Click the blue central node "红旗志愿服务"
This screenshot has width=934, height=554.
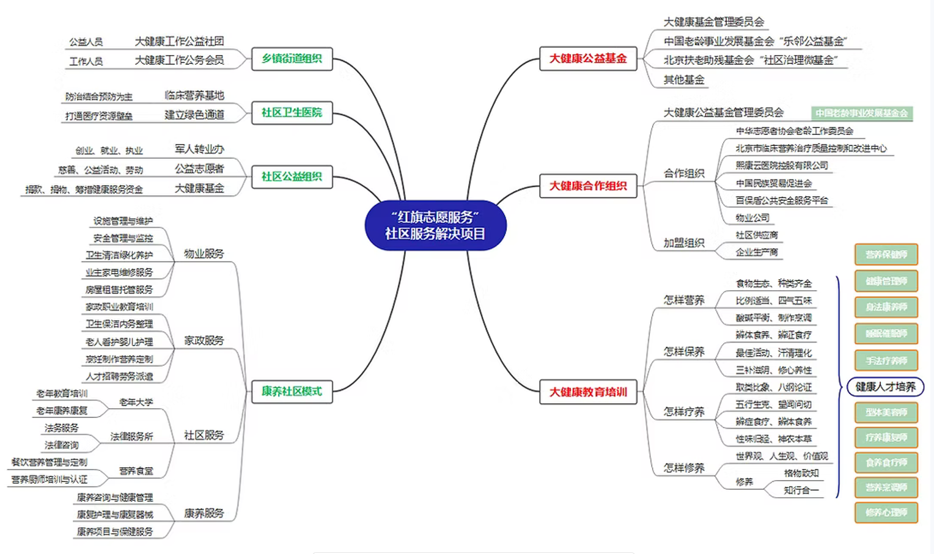[x=435, y=225]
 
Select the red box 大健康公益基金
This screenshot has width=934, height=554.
[x=587, y=59]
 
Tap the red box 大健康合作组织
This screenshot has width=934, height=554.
[x=587, y=186]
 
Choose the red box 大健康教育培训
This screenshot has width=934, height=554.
[x=587, y=392]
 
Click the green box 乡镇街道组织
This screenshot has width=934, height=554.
[x=292, y=59]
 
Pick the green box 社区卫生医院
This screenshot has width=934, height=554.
[x=292, y=112]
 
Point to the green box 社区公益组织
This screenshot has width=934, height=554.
[x=292, y=177]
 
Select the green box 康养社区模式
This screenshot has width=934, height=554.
[x=292, y=392]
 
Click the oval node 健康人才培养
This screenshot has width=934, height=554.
[x=885, y=387]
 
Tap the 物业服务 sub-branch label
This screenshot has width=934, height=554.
[x=204, y=253]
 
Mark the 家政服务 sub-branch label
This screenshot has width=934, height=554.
[x=204, y=340]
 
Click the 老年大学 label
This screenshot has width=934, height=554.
[x=136, y=403]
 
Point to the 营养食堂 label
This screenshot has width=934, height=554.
[x=136, y=471]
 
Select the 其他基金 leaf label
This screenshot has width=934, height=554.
[x=684, y=80]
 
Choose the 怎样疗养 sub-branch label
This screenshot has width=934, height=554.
[x=684, y=412]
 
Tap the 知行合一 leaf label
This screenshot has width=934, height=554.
[x=801, y=490]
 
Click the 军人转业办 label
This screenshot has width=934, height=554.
[x=199, y=149]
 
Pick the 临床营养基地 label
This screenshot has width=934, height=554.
[x=194, y=95]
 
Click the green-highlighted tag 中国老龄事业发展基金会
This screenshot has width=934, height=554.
[x=862, y=113]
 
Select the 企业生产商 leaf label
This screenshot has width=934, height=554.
[x=757, y=252]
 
